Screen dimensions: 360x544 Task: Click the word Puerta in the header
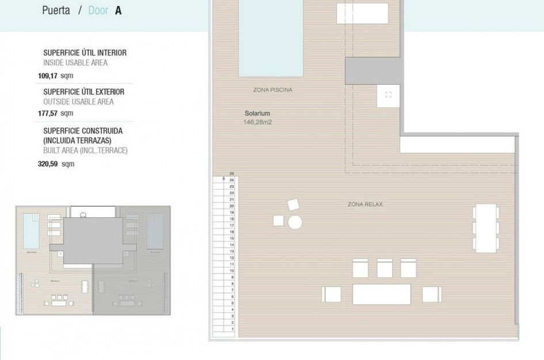pos(56,10)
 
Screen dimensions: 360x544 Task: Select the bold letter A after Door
pos(118,10)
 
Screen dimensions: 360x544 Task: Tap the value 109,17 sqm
pos(56,75)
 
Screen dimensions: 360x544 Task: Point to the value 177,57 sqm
pos(56,113)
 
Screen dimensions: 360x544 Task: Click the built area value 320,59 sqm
pos(56,164)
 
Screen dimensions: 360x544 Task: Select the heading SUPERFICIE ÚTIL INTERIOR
pos(85,53)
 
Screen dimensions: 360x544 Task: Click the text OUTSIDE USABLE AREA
pos(78,102)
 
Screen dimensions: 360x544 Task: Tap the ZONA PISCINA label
pos(272,90)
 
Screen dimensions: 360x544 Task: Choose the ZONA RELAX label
pos(365,204)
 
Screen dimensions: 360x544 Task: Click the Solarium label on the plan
pos(257,113)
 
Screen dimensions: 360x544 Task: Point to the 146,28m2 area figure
pos(257,122)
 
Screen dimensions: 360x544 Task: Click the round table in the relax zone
pos(295,222)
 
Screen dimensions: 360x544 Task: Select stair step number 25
pos(231,173)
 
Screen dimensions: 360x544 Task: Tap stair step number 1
pos(231,329)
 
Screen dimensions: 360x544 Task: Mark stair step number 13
pos(231,251)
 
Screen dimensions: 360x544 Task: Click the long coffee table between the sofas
pos(381,294)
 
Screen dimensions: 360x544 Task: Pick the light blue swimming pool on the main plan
pos(271,38)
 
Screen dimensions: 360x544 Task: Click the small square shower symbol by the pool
pos(388,95)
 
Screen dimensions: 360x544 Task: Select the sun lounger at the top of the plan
pos(362,13)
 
